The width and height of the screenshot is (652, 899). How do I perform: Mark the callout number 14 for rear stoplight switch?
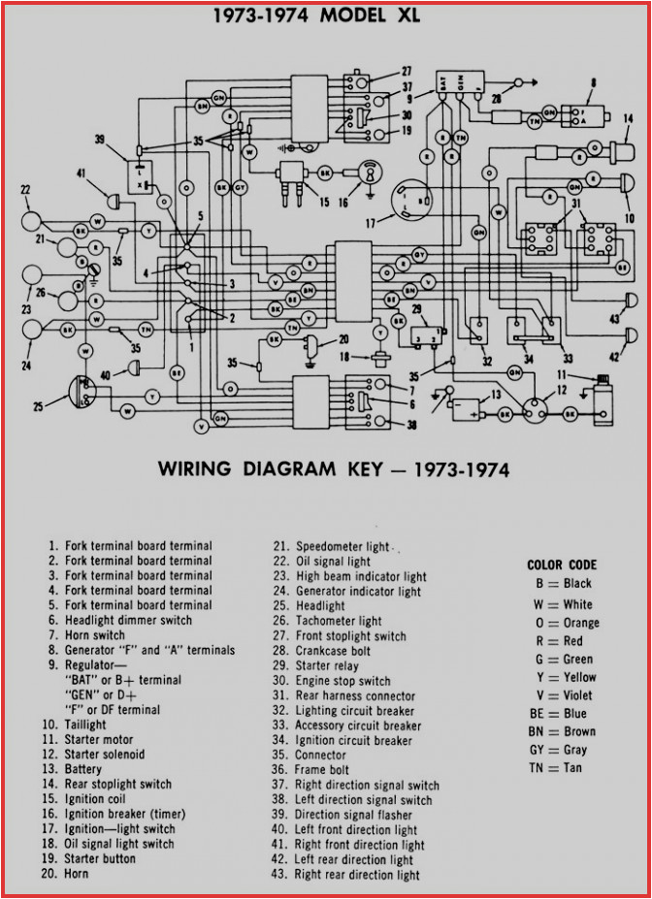[627, 120]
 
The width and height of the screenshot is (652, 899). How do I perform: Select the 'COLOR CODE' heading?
[562, 564]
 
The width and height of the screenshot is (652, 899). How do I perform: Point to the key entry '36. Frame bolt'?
[322, 770]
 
